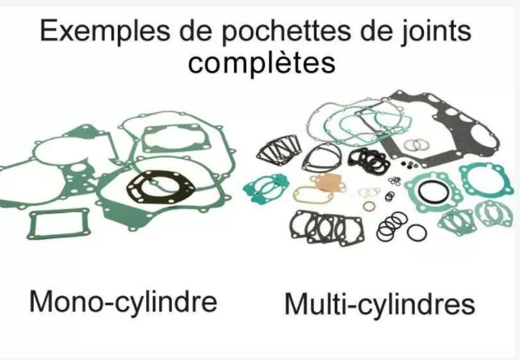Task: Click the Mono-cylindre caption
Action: [124, 301]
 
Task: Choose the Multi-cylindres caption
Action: [380, 303]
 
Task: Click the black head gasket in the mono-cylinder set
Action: [161, 187]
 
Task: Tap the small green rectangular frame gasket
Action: [60, 224]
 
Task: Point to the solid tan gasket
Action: [327, 182]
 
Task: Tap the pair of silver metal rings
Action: [417, 144]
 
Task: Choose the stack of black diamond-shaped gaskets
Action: [279, 150]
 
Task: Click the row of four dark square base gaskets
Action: [326, 228]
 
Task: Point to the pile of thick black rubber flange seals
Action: [368, 160]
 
